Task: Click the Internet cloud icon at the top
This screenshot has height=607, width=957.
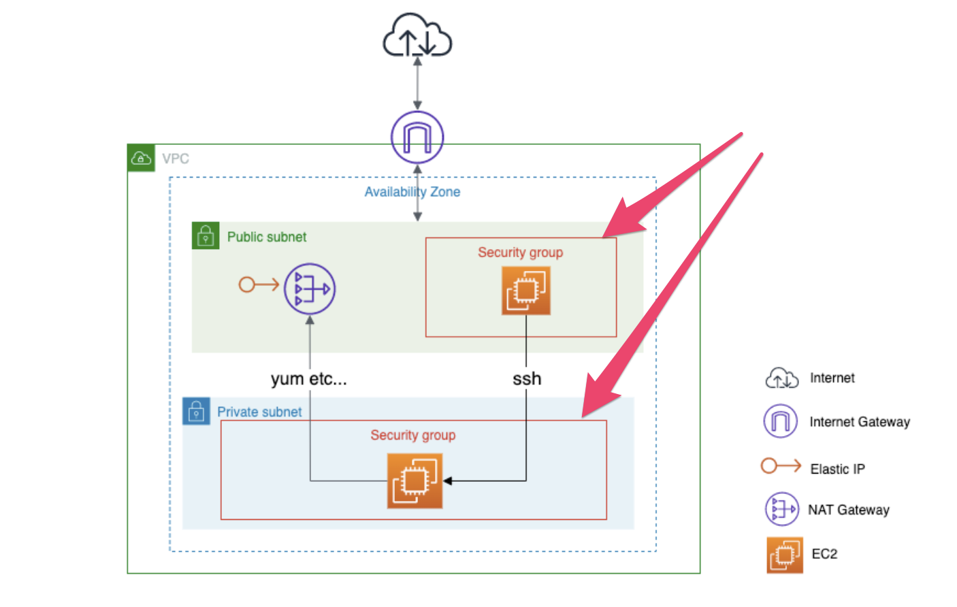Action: pos(417,35)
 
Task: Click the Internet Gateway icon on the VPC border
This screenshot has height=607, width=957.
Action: pos(417,137)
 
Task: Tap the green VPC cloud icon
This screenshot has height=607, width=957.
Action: pos(141,159)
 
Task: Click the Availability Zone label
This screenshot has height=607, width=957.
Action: pos(412,192)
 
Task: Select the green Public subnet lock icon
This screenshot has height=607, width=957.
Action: pos(206,236)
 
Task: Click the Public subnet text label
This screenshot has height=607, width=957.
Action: pos(267,237)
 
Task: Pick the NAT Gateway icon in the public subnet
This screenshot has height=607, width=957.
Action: pos(310,289)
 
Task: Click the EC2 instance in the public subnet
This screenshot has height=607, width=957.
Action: pos(525,291)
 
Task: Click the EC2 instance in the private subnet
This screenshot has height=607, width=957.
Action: pos(415,481)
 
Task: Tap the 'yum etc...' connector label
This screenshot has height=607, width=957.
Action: pos(308,379)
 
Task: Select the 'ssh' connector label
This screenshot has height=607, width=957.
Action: pos(527,379)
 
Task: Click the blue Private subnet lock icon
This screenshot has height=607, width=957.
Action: pos(196,412)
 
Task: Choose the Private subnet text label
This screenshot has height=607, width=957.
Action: pos(259,412)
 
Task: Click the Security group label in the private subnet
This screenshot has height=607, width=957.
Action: pos(412,436)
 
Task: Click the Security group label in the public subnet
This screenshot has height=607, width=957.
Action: pos(520,252)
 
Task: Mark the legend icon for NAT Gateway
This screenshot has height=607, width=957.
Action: pos(781,509)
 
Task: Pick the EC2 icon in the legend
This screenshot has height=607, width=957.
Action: pos(784,555)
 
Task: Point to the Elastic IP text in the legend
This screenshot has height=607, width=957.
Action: pos(837,469)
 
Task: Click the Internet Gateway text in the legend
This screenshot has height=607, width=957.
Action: pos(859,422)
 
